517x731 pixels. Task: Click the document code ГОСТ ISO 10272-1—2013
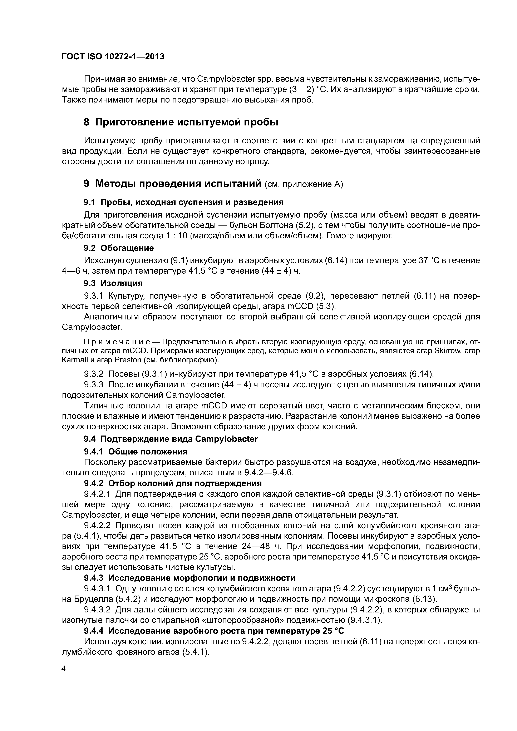(x=113, y=57)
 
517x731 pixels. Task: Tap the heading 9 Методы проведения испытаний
(x=172, y=184)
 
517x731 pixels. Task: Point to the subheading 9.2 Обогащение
(x=118, y=248)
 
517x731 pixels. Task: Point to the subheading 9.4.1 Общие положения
(x=136, y=452)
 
